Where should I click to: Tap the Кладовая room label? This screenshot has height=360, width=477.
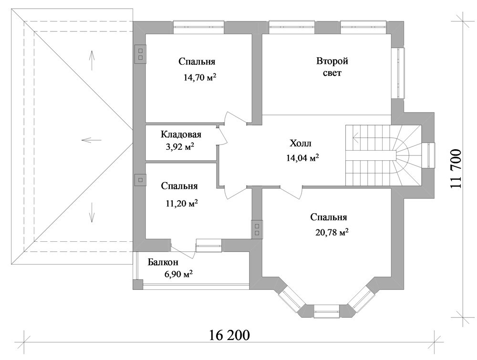tap(181, 134)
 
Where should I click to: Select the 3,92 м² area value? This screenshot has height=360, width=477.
tap(180, 147)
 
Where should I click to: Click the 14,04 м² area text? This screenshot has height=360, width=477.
tap(302, 158)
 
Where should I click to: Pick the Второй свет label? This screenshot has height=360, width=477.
tap(332, 67)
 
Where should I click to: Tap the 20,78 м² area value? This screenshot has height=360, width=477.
tap(332, 233)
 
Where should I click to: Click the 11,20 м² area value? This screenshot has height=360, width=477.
tap(182, 203)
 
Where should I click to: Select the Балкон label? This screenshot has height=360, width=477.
tap(163, 262)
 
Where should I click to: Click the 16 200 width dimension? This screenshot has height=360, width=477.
tap(229, 335)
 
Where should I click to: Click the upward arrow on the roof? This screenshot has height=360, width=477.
tap(91, 59)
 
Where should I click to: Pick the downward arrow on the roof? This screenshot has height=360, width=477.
tap(91, 213)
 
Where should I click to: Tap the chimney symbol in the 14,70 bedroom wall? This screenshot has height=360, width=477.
tap(141, 53)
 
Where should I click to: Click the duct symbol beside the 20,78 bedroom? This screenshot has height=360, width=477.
tap(257, 229)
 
